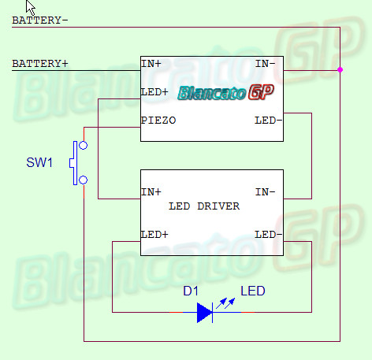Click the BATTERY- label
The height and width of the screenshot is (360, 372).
coord(40,20)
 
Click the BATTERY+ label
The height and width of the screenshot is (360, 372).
coord(40,64)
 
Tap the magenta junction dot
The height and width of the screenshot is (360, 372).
coord(340,70)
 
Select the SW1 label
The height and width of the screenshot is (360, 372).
coord(39,162)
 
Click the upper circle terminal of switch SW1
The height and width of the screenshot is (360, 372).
coord(84,145)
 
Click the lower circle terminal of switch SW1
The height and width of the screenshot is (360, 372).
coord(84,180)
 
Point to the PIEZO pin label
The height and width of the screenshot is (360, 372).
coord(158,121)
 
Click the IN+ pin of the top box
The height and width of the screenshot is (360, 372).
coord(151,64)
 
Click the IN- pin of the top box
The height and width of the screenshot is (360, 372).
coord(266,64)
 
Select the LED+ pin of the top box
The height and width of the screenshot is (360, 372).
coord(154,92)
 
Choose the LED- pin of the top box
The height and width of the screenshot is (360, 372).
coord(268,121)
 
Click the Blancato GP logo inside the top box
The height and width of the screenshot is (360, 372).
coord(225,92)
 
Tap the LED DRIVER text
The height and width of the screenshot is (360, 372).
coord(204,206)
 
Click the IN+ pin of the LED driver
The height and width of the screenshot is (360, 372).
coord(151,192)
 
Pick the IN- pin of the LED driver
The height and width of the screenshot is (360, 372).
coord(266,192)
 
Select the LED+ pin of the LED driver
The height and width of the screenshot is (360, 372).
coord(154,235)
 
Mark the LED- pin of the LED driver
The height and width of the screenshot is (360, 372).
coord(268,235)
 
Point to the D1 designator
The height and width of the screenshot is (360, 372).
coord(191,291)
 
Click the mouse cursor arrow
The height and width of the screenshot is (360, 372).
coord(31,7)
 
